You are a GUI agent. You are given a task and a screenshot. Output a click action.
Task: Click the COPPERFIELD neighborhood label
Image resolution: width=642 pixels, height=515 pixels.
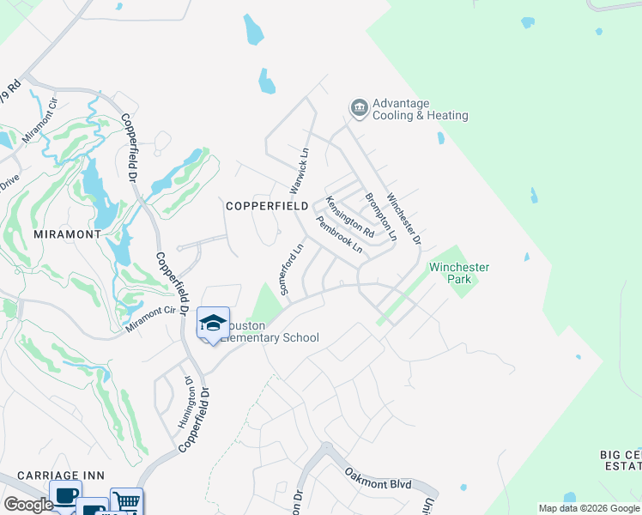pos(266,206)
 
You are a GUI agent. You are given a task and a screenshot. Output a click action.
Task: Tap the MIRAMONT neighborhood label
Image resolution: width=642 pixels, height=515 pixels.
pos(67,233)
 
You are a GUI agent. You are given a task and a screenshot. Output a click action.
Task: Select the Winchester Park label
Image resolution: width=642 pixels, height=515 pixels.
pos(459,274)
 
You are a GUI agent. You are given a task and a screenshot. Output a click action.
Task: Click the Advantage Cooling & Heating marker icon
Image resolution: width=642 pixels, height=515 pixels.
pos(359,107)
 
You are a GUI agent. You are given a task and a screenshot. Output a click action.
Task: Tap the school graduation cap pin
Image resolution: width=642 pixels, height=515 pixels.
pos(212,324)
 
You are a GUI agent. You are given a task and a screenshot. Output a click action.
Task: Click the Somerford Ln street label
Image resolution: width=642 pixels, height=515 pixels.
pos(293,270)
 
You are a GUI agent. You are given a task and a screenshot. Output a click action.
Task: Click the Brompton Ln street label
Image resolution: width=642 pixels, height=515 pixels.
pos(380,215)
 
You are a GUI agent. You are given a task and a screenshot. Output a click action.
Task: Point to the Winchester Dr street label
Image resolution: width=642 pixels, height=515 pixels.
pos(403,218)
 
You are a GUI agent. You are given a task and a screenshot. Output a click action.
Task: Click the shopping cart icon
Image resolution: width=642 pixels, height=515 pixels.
pos(126,501)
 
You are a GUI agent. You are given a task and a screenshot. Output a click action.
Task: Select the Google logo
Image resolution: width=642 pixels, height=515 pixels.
pos(28,506)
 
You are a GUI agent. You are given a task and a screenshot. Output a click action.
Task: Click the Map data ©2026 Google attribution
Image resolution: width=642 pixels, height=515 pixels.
pos(589,508)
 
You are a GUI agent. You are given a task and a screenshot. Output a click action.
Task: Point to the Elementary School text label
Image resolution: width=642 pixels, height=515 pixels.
pos(270,338)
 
